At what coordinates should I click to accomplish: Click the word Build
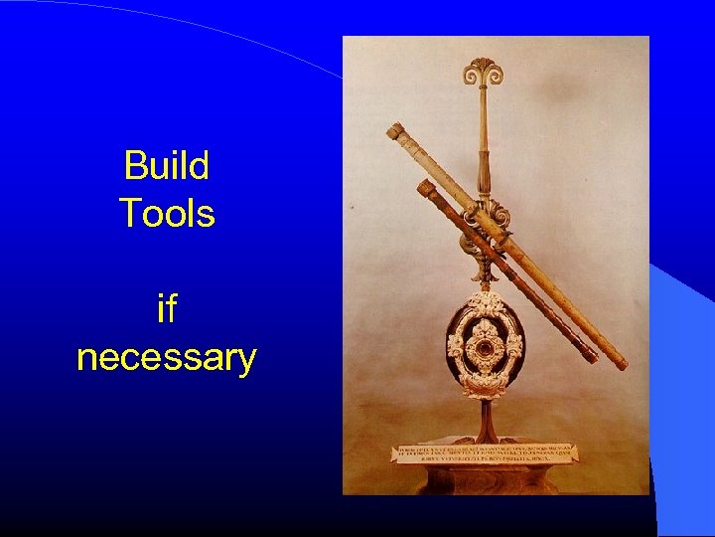[x=166, y=165]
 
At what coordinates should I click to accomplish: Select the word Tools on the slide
[x=166, y=213]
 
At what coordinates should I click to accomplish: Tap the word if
[x=166, y=309]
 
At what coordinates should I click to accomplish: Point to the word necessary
[x=166, y=356]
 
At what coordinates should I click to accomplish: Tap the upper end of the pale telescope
[x=393, y=130]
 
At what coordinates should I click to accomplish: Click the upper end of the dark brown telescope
[x=425, y=187]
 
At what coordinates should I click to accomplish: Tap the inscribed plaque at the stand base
[x=483, y=452]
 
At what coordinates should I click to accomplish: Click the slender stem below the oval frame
[x=484, y=418]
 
